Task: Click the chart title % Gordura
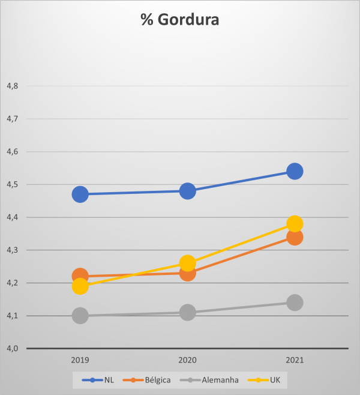(x=179, y=20)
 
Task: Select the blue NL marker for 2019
(x=80, y=194)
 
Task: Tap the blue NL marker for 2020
(x=187, y=191)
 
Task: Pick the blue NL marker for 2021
(x=295, y=172)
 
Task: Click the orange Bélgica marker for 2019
(x=80, y=276)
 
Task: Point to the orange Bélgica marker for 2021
(x=295, y=237)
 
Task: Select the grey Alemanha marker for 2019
(x=80, y=316)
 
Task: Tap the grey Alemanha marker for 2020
(x=187, y=312)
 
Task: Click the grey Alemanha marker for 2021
(x=295, y=303)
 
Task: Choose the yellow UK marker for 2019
(x=80, y=286)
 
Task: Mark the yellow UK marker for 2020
(x=187, y=263)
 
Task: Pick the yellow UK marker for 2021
(x=295, y=224)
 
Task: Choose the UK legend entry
(x=269, y=379)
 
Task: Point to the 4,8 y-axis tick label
(x=12, y=86)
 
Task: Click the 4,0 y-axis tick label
(x=12, y=348)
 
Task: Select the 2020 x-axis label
(x=187, y=361)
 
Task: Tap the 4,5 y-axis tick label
(x=12, y=184)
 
